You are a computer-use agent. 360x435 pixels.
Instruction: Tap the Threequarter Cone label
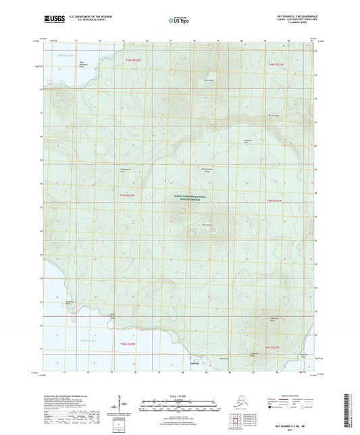point(105,170)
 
